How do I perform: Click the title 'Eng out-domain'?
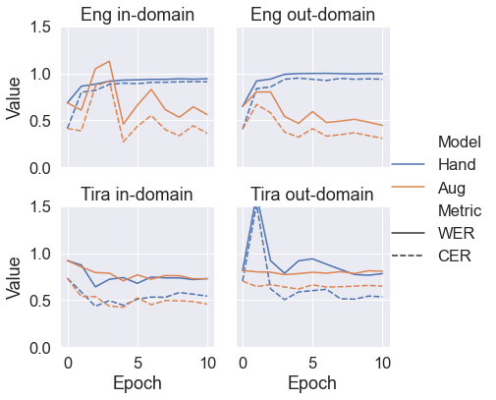313,15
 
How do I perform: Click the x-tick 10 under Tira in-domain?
207,363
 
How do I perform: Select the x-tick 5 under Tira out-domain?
313,363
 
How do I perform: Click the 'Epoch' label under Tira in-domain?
138,383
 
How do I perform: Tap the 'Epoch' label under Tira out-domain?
313,383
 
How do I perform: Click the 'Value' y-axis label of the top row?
15,98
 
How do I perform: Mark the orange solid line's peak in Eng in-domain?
110,62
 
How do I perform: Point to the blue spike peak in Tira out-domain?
256,206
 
